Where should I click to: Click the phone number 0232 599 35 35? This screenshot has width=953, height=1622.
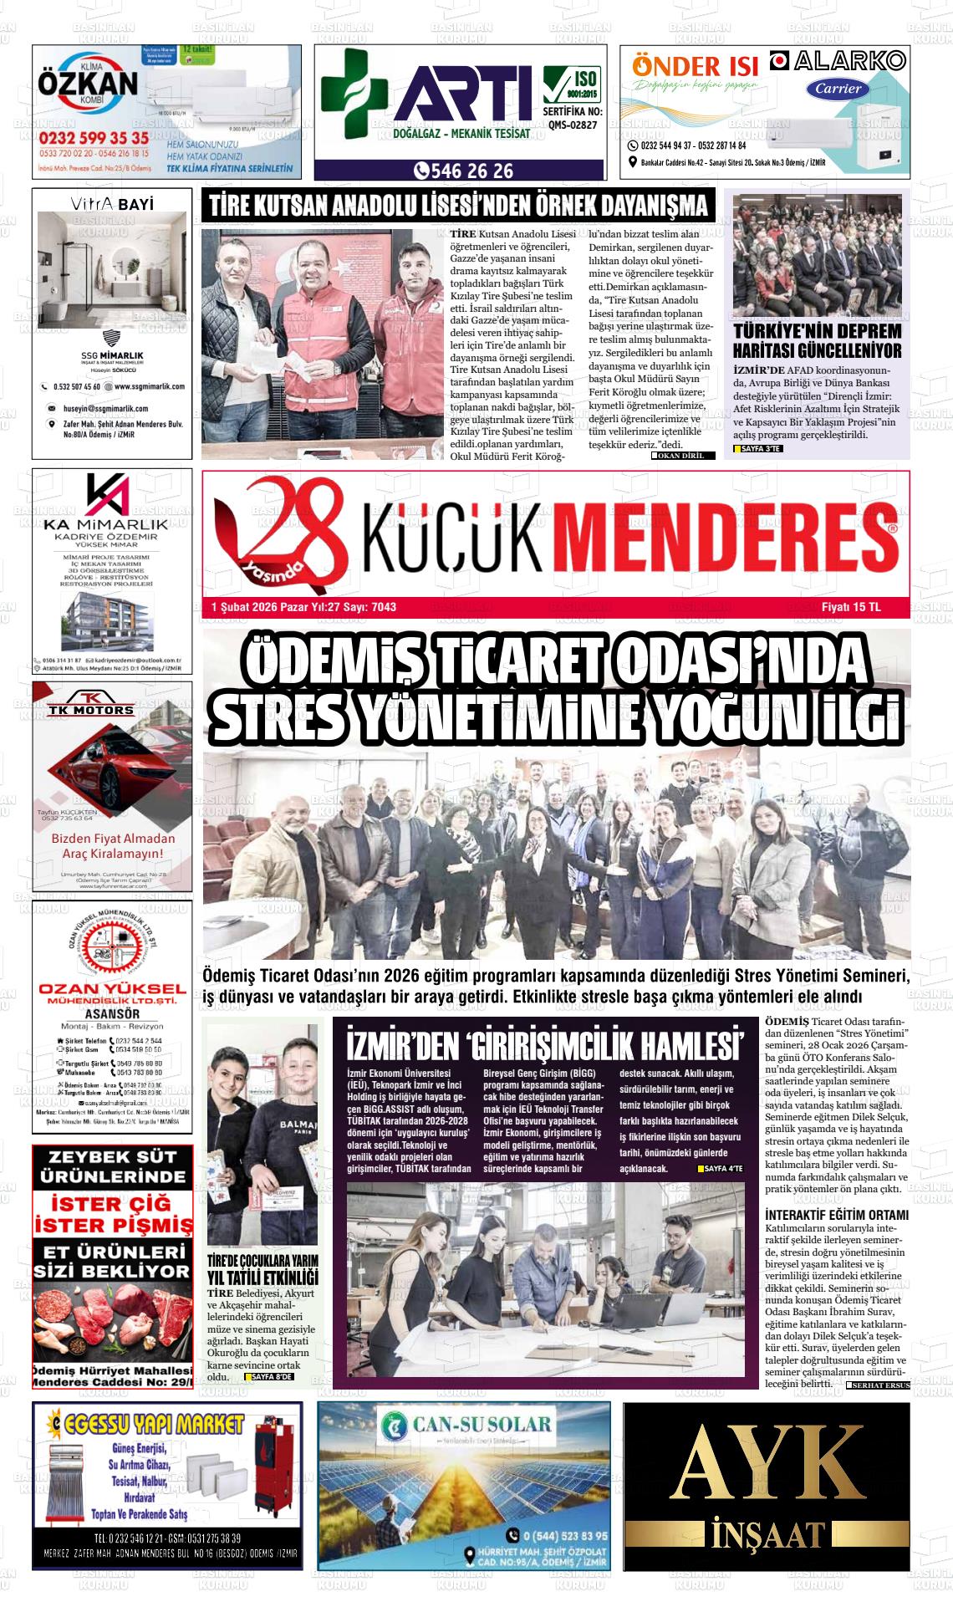coord(94,137)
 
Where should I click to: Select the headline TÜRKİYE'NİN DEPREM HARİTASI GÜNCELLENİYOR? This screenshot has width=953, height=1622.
coord(817,341)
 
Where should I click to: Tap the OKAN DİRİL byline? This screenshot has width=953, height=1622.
coord(683,456)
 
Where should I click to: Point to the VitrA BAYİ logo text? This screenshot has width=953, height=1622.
coord(112,204)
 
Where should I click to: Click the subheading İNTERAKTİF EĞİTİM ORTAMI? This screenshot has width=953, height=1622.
coord(836,1215)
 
